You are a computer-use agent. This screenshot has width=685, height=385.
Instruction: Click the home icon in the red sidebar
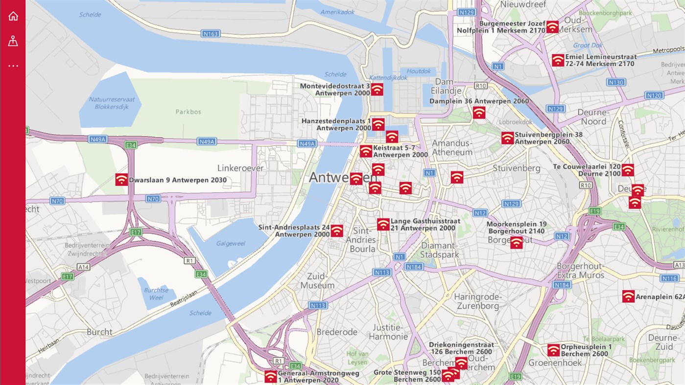[13, 16]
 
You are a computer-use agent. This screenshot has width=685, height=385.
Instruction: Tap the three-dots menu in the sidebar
[13, 66]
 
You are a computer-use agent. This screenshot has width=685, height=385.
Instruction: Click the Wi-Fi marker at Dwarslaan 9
[121, 180]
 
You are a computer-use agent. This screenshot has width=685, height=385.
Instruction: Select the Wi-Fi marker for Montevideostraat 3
[377, 89]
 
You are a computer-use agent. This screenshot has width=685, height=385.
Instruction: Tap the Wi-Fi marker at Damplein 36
[479, 113]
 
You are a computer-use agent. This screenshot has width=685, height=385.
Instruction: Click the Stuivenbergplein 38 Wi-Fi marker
[508, 138]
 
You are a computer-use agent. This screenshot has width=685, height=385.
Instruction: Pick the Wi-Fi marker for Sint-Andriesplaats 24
[337, 231]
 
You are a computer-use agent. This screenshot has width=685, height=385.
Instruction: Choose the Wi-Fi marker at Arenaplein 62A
[629, 296]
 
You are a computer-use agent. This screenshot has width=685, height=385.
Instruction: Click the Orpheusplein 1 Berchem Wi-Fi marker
[554, 350]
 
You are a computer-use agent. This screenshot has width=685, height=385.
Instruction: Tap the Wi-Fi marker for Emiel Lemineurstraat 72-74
[558, 60]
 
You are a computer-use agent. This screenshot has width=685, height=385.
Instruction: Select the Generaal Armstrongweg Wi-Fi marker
[271, 376]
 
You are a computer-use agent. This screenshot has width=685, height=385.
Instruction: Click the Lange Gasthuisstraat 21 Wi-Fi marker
[383, 225]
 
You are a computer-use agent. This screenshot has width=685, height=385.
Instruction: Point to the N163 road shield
[211, 34]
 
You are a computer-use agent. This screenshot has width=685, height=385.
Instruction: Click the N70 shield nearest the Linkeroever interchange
[153, 199]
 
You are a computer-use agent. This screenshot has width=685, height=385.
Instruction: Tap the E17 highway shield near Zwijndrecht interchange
[136, 232]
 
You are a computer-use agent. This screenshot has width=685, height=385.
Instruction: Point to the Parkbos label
[189, 112]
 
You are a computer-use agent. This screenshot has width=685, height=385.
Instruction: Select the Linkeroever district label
[240, 168]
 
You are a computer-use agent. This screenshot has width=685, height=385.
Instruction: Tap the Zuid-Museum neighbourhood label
[317, 280]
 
